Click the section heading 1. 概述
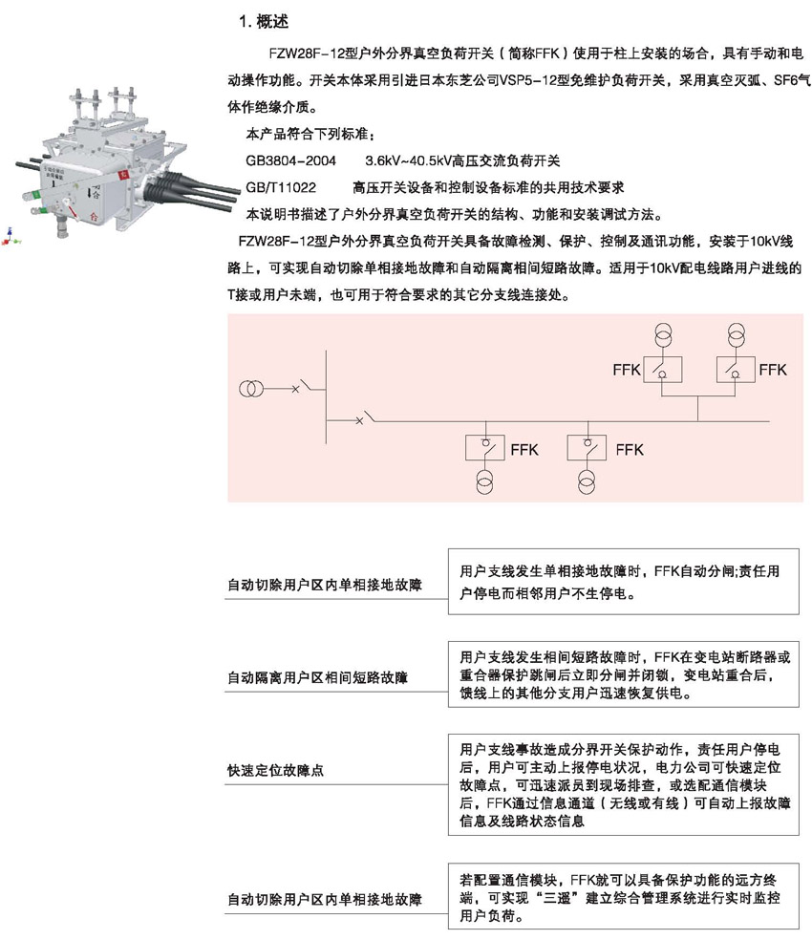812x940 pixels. pyautogui.click(x=264, y=22)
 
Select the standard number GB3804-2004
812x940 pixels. pyautogui.click(x=290, y=160)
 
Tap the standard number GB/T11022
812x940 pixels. pyautogui.click(x=281, y=187)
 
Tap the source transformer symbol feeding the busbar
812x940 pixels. pyautogui.click(x=250, y=389)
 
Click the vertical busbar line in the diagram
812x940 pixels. pyautogui.click(x=327, y=396)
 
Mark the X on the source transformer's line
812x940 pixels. pyautogui.click(x=295, y=389)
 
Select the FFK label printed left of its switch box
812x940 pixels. pyautogui.click(x=627, y=370)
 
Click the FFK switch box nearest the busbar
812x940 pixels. pyautogui.click(x=484, y=447)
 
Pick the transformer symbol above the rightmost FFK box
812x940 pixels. pyautogui.click(x=736, y=335)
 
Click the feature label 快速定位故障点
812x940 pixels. pyautogui.click(x=275, y=770)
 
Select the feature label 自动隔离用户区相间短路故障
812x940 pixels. pyautogui.click(x=317, y=677)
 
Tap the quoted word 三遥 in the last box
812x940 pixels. pyautogui.click(x=556, y=898)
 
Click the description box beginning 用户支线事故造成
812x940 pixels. pyautogui.click(x=623, y=784)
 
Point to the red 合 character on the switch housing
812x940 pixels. pyautogui.click(x=94, y=217)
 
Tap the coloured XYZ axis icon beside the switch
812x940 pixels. pyautogui.click(x=10, y=237)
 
